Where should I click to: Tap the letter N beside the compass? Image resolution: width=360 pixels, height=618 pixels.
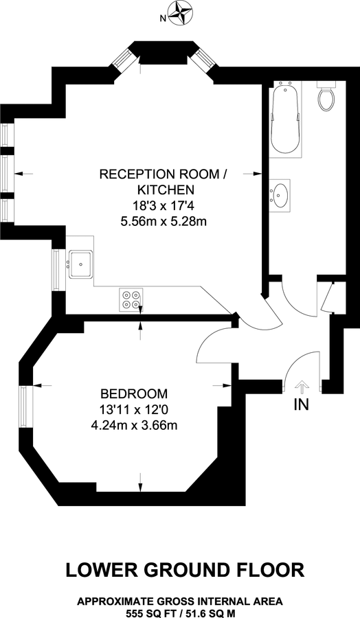164,19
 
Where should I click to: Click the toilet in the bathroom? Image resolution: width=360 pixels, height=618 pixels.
326,98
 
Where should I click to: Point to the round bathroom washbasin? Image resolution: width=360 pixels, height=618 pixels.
280,194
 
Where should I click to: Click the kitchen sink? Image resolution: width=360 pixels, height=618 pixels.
80,262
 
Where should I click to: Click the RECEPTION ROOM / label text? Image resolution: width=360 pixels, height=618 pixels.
163,174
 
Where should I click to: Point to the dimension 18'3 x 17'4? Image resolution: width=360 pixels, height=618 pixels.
163,205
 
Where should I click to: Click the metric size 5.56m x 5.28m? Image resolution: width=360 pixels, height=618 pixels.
163,220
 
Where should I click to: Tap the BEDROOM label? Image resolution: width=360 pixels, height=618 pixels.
134,394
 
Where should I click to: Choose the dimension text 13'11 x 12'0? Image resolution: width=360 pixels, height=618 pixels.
134,410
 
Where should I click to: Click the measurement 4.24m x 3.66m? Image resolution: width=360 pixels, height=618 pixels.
134,425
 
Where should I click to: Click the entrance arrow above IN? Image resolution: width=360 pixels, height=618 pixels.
300,387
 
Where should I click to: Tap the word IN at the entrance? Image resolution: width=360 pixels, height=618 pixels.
301,404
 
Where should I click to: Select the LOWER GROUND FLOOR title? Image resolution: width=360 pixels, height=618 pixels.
185,569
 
